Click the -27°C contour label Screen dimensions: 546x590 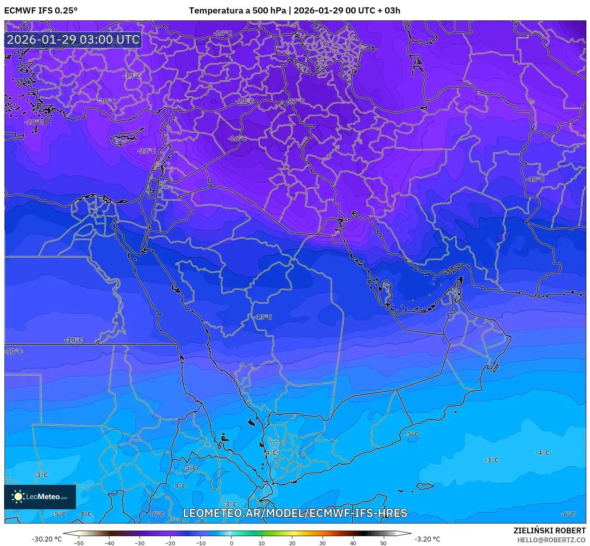pos(296,101)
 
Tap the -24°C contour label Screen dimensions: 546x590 pos(244,101)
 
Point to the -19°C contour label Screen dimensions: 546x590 pos(132,76)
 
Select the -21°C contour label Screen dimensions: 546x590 pos(147,151)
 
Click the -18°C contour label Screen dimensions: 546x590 pos(535,179)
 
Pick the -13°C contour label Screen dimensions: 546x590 pos(263,317)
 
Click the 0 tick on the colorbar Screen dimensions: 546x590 pos(231,543)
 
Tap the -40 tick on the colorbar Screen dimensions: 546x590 pos(109,543)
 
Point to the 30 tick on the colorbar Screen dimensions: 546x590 pos(323,543)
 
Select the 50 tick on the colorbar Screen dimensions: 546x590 pos(383,543)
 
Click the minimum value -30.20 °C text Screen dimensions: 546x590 pos(47,539)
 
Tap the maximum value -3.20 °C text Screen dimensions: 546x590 pos(427,539)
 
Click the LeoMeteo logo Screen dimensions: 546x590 pos(40,497)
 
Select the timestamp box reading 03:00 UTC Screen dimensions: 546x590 pos(73,40)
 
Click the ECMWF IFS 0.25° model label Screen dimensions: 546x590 pos(41,11)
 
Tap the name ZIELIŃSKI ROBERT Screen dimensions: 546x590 pos(550,530)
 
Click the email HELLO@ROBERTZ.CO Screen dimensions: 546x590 pos(551,539)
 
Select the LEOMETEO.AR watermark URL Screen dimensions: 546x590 pos(295,513)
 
